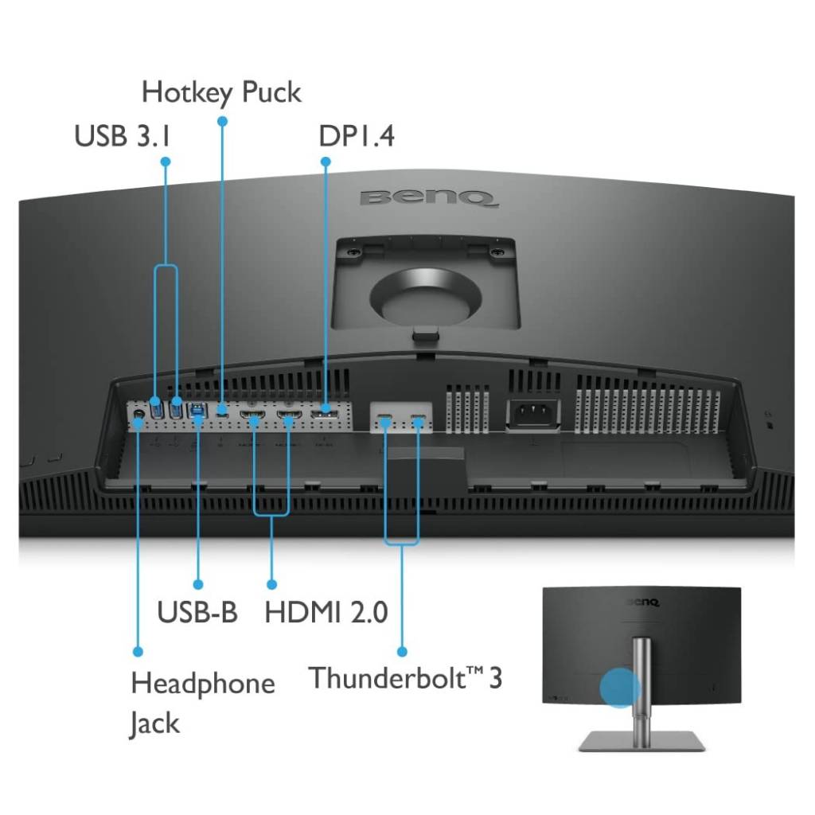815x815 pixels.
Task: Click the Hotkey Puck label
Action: pos(221,93)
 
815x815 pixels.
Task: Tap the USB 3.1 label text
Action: pos(122,136)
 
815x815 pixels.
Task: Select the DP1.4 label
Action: pos(357,136)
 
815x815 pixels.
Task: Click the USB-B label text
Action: pos(197,611)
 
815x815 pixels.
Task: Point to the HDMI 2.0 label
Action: pos(326,612)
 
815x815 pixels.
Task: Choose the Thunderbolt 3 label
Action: pos(405,678)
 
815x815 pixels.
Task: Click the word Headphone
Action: pos(203,684)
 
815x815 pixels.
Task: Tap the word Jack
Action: pos(154,723)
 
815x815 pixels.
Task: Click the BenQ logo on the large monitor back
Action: pos(428,198)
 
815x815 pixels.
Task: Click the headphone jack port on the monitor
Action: pos(138,414)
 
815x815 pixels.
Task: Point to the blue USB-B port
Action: pos(197,411)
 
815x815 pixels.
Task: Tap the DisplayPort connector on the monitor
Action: pos(325,414)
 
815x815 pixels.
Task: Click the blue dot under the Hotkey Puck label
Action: pos(223,122)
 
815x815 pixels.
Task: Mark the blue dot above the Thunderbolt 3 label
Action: pos(402,652)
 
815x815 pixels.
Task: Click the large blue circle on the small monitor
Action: pos(620,688)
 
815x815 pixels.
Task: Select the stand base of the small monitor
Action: pos(642,741)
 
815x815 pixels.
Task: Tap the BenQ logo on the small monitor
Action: pos(643,602)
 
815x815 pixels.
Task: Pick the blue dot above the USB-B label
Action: pos(198,585)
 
